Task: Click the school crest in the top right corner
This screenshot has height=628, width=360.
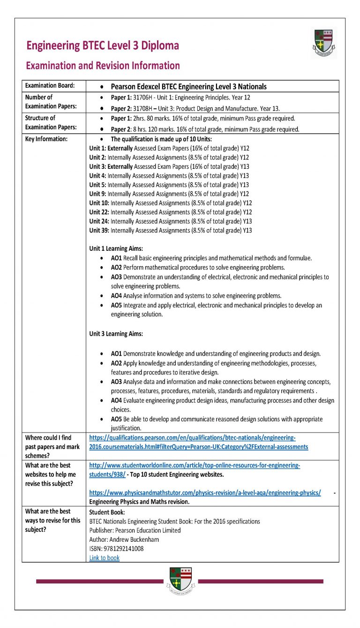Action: pyautogui.click(x=324, y=43)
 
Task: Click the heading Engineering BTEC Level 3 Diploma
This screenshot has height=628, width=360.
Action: pyautogui.click(x=103, y=45)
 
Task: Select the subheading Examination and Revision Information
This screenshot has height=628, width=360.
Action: pyautogui.click(x=103, y=66)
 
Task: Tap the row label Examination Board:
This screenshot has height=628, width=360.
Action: pyautogui.click(x=49, y=85)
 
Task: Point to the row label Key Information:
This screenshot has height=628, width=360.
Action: pyautogui.click(x=46, y=139)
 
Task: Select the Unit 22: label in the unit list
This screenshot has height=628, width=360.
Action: pyautogui.click(x=99, y=212)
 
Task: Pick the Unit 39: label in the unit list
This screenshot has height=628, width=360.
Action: pyautogui.click(x=99, y=230)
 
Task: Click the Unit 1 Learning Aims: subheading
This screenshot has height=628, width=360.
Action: pyautogui.click(x=116, y=248)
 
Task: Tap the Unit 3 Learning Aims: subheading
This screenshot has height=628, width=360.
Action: pyautogui.click(x=116, y=334)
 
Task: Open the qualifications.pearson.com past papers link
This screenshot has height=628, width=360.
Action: pyautogui.click(x=198, y=442)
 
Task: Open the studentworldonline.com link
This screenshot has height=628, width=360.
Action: pyautogui.click(x=194, y=470)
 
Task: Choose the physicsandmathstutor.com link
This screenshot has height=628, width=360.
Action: pyautogui.click(x=205, y=493)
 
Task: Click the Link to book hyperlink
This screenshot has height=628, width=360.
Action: pyautogui.click(x=104, y=558)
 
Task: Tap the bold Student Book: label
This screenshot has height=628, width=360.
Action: pyautogui.click(x=107, y=512)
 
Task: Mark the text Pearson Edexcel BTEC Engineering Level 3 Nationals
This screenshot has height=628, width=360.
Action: pyautogui.click(x=188, y=86)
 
